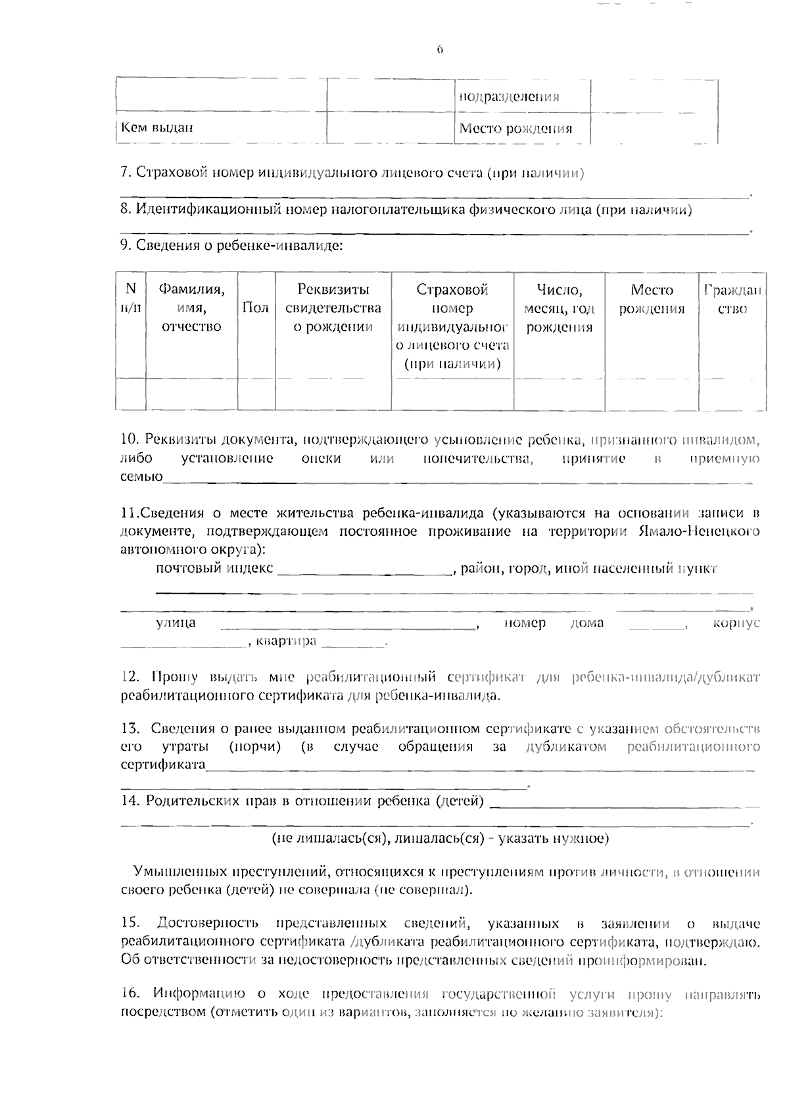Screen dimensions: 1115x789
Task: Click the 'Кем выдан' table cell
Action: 156,128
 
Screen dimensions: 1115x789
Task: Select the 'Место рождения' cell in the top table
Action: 515,128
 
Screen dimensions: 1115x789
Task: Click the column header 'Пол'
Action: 256,308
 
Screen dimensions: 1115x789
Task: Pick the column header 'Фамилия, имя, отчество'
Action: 191,308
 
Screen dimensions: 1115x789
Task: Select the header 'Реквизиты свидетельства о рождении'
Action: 333,308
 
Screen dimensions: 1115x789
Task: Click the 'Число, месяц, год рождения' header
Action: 559,308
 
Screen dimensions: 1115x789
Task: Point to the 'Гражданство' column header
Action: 732,299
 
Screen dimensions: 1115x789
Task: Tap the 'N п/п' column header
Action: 130,298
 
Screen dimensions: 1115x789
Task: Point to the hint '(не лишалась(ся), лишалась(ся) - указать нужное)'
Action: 440,839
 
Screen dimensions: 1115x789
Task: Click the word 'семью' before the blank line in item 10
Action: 141,477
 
